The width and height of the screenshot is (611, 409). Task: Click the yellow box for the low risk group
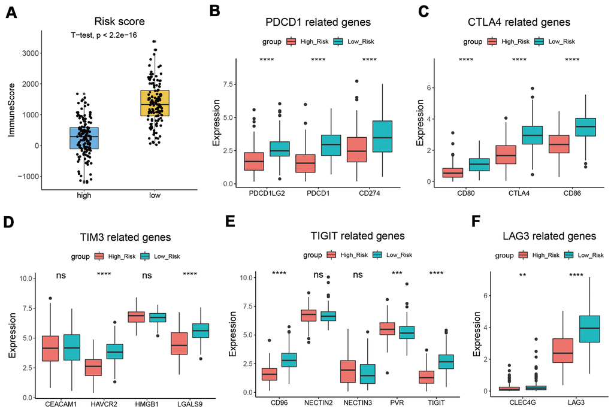click(x=154, y=103)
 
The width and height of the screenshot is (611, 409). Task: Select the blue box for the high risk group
click(x=84, y=138)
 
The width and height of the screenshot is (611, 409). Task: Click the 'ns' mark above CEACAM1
click(x=61, y=276)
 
